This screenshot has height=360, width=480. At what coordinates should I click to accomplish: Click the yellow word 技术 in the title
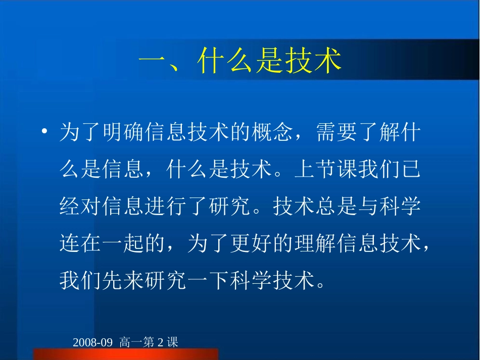pos(316,62)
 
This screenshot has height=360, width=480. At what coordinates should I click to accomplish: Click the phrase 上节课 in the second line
pos(325,171)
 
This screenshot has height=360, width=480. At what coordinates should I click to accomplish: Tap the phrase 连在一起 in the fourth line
pos(102,244)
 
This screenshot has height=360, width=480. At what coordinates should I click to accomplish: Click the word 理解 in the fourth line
pos(314,244)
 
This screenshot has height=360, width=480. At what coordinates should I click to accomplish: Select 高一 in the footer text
pos(131,343)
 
